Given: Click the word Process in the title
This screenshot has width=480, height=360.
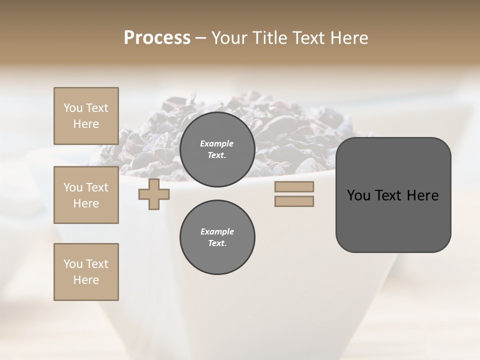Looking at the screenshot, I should [x=157, y=38].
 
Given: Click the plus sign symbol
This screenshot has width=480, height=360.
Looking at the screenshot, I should [x=154, y=194].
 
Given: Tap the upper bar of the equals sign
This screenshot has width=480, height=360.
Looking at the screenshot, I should [x=294, y=186].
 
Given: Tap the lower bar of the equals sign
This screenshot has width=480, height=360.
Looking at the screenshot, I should [x=294, y=201].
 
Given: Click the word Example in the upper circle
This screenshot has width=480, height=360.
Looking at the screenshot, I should [x=217, y=143].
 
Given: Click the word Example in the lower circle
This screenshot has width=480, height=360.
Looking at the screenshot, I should [x=217, y=231].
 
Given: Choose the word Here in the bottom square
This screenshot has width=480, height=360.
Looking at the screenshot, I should [x=86, y=280].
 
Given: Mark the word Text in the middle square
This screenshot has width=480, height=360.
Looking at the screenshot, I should [x=97, y=187].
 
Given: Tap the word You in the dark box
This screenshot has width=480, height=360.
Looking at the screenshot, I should [x=358, y=195].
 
